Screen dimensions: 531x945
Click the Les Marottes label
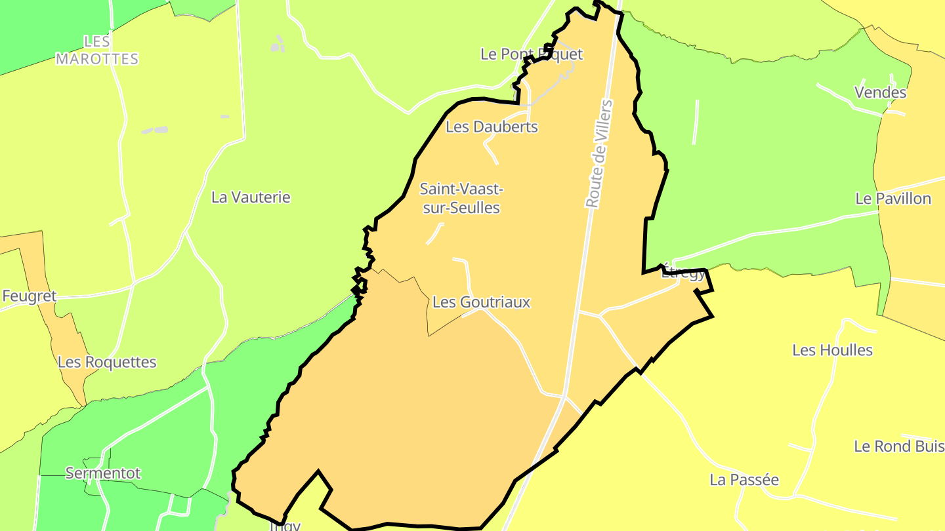tap(97, 50)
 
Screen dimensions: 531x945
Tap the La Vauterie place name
tap(251, 197)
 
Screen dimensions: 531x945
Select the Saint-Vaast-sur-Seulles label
tap(461, 199)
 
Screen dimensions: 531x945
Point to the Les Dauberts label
tap(492, 127)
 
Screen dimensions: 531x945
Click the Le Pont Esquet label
tap(531, 54)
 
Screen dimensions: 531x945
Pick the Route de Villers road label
tap(598, 155)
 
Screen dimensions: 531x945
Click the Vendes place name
tap(880, 92)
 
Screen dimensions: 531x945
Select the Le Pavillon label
tap(892, 199)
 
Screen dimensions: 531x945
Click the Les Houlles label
tap(832, 350)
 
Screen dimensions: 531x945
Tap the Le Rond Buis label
tap(898, 446)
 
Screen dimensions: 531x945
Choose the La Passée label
tap(744, 480)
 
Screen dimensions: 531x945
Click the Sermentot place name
tap(103, 473)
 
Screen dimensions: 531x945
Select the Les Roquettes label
tap(107, 362)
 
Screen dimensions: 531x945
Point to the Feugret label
tap(29, 296)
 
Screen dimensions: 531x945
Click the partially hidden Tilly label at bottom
tap(285, 525)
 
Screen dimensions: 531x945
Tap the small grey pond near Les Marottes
tap(155, 130)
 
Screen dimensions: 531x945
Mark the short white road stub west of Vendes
tap(696, 122)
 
